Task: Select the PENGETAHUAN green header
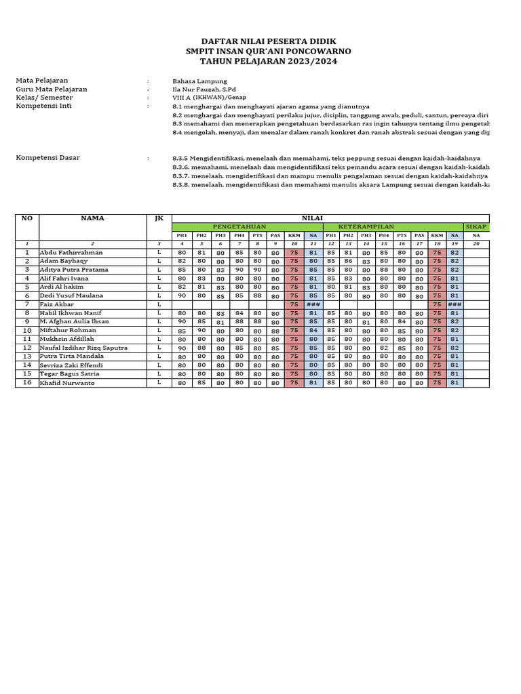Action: coord(239,226)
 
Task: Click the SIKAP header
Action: coord(476,226)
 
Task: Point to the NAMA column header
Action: coord(92,218)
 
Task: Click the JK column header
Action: coord(159,218)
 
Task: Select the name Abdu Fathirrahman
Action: coord(71,252)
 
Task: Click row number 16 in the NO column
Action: coord(27,383)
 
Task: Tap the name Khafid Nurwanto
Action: coord(67,383)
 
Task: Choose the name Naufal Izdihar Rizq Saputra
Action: coord(83,348)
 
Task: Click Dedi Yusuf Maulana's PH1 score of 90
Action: coord(182,296)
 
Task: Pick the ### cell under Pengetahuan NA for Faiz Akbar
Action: coord(313,305)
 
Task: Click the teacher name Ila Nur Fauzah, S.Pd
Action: coord(204,89)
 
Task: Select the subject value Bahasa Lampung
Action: coord(199,80)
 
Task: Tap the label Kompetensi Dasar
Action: coord(47,158)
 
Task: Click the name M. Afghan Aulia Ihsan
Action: coord(74,322)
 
